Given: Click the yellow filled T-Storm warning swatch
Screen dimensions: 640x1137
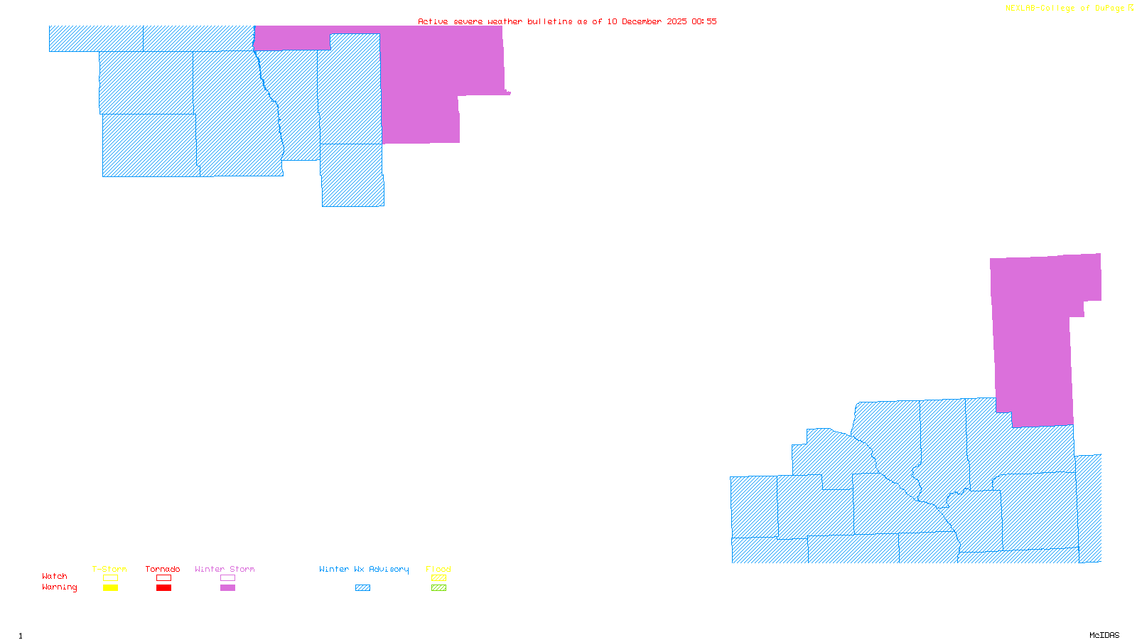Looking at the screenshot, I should (x=110, y=588).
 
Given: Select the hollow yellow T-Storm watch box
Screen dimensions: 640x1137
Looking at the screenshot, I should (x=110, y=578).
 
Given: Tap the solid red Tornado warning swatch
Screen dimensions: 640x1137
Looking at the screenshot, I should (x=163, y=588).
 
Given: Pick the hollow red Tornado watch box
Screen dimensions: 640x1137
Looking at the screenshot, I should (x=163, y=578).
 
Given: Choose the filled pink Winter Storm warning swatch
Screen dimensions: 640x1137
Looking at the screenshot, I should (x=227, y=588).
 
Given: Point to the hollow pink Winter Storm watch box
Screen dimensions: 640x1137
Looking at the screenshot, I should (x=227, y=578).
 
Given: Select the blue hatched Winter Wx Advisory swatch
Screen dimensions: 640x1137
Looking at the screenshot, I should (x=362, y=588).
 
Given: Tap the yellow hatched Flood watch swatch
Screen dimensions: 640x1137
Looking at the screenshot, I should (x=438, y=578).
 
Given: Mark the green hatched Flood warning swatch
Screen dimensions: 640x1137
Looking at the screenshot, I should (x=438, y=588).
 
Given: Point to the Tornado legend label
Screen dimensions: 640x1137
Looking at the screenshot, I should (x=163, y=569).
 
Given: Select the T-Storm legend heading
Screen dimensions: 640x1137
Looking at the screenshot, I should (x=109, y=569).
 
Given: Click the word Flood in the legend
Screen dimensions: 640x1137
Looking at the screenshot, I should (x=438, y=569).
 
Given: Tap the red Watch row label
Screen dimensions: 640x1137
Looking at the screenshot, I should (x=55, y=576).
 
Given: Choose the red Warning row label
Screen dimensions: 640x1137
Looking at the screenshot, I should (x=60, y=587).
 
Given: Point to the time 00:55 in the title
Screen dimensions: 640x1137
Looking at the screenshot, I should (x=704, y=21).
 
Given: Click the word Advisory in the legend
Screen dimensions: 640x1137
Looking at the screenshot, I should (x=389, y=569).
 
